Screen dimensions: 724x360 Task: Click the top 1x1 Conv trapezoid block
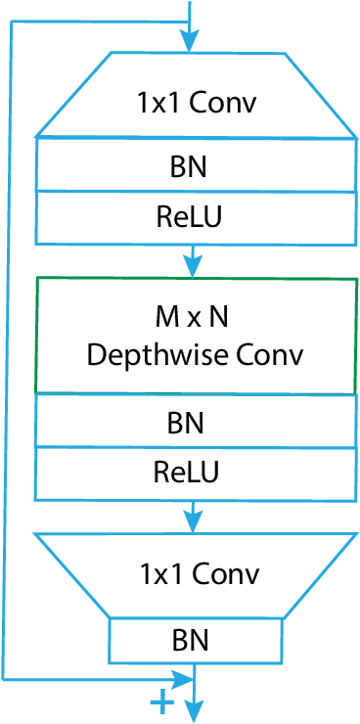coord(196,97)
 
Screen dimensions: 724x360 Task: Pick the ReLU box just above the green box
coord(196,217)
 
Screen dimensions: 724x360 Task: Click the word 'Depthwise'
coord(160,354)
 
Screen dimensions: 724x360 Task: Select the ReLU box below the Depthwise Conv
coord(196,474)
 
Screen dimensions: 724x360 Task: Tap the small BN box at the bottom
coord(196,640)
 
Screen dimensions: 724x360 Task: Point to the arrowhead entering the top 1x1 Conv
coord(189,41)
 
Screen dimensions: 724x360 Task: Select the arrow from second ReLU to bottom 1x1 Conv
coord(195,517)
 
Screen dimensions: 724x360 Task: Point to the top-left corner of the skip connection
coord(10,23)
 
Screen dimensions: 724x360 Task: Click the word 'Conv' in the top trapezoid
coord(229,103)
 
